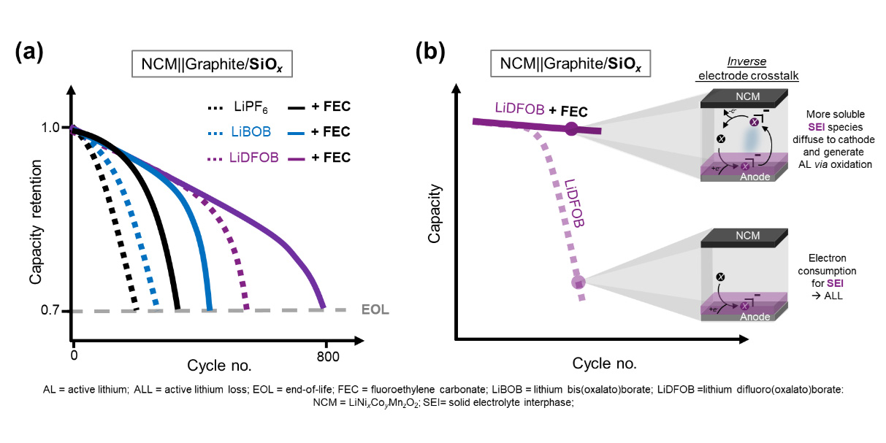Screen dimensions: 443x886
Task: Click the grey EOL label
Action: coord(375,310)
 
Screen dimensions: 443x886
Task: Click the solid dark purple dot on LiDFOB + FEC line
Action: coord(572,129)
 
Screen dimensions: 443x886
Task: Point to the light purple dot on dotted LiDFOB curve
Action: coord(578,282)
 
